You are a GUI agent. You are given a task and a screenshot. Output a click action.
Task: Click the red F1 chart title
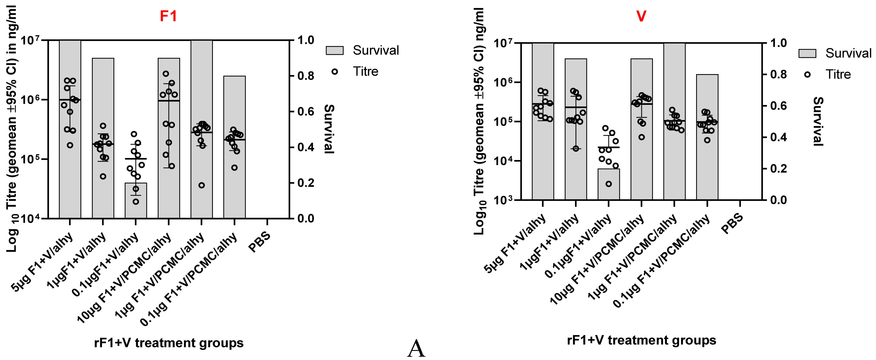(168, 16)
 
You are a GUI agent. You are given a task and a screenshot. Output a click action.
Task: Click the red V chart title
(641, 16)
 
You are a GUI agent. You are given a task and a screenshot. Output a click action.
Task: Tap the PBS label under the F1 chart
(259, 242)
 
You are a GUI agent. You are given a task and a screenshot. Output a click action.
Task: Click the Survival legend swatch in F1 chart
(335, 50)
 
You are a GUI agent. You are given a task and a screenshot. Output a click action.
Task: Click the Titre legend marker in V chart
(807, 75)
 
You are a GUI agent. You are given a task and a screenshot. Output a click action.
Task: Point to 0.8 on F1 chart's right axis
(306, 76)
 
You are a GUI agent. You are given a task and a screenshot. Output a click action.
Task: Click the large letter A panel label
(416, 349)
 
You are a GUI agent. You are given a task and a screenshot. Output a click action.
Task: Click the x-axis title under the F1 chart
(169, 343)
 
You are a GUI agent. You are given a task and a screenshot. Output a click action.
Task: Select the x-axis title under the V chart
(641, 340)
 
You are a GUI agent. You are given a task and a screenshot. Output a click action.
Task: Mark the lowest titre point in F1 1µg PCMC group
(202, 185)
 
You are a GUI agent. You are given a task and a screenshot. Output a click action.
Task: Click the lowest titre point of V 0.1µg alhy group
(609, 184)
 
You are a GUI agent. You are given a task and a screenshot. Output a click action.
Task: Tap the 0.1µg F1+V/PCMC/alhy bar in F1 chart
(234, 184)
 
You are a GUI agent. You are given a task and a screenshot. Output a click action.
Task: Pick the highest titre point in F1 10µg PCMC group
(166, 73)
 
